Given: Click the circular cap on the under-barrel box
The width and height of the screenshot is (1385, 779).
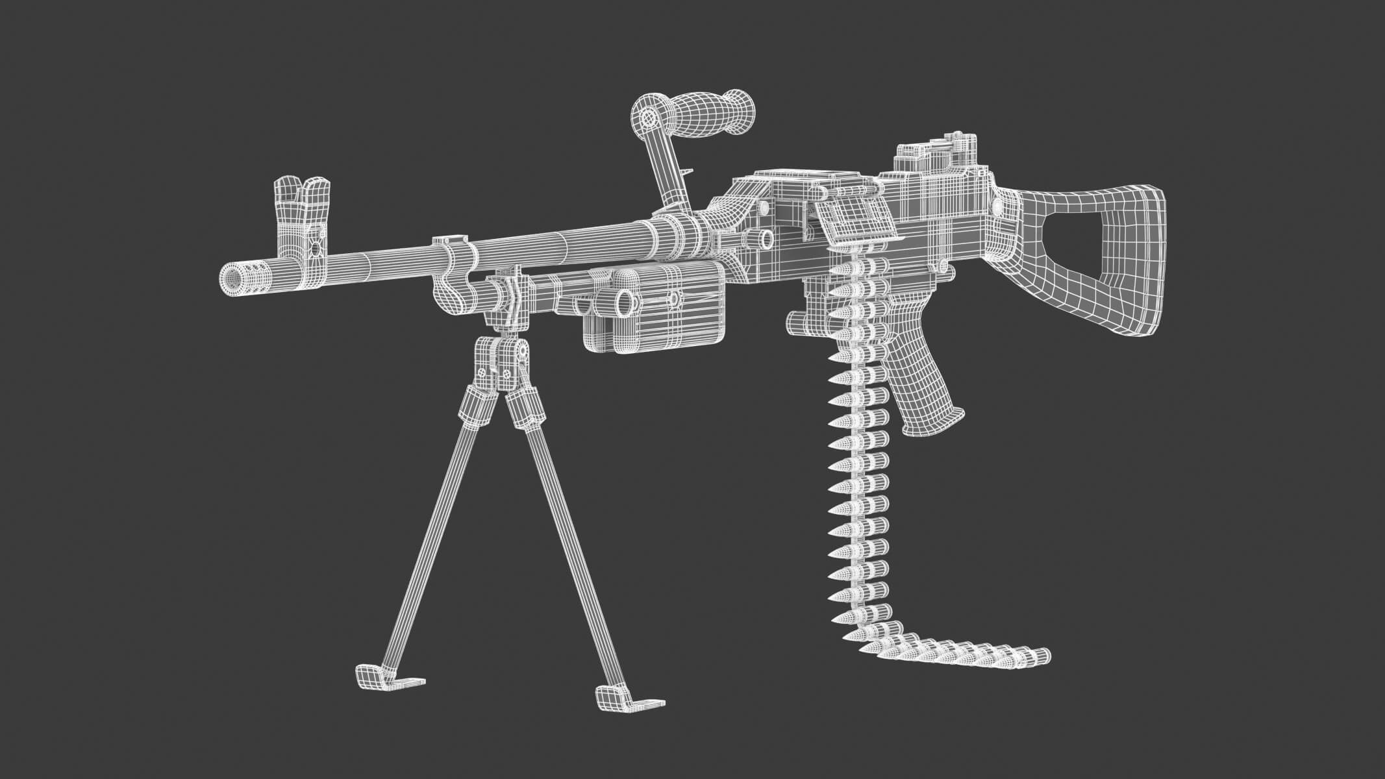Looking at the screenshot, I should pos(625,300).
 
